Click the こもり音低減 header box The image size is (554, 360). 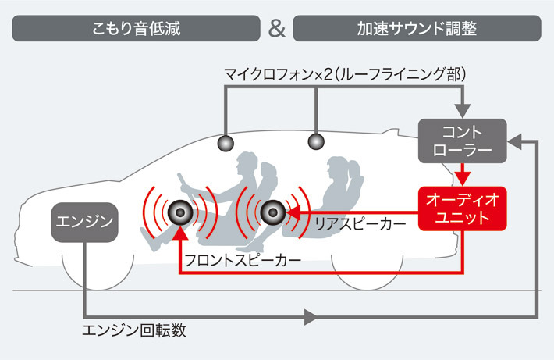[x=137, y=28]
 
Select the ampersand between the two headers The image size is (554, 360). [x=276, y=28]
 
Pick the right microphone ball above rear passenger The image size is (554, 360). [x=316, y=141]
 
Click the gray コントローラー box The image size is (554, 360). [x=462, y=141]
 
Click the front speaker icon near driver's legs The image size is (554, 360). [x=179, y=211]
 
